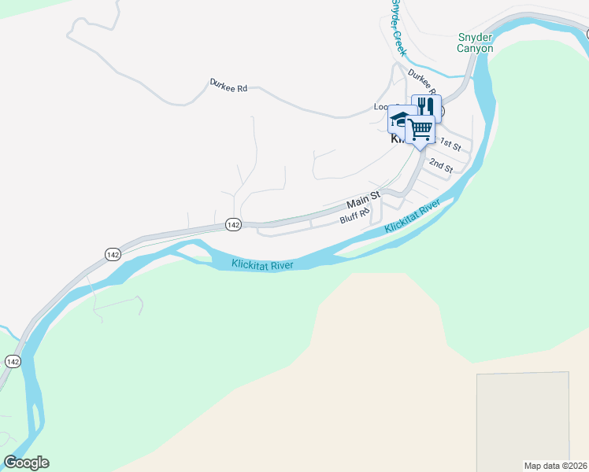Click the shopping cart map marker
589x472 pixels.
tap(421, 128)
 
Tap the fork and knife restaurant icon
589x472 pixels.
tap(427, 107)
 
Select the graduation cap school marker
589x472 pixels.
tap(401, 120)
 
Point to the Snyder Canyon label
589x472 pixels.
tap(476, 42)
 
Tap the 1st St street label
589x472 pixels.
tap(450, 143)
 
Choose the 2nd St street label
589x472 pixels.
tap(441, 165)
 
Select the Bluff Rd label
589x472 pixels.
tap(355, 217)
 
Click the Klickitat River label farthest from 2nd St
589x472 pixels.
tap(262, 265)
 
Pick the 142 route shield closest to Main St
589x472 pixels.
tap(232, 224)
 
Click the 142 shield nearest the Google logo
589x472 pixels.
tap(12, 361)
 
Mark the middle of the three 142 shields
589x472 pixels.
tap(113, 254)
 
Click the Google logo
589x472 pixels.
tap(26, 463)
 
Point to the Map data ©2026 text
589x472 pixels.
tap(555, 465)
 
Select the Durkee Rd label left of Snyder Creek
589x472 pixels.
tap(228, 87)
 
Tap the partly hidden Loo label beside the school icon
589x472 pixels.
tap(381, 107)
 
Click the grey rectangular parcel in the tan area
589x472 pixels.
tap(522, 416)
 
